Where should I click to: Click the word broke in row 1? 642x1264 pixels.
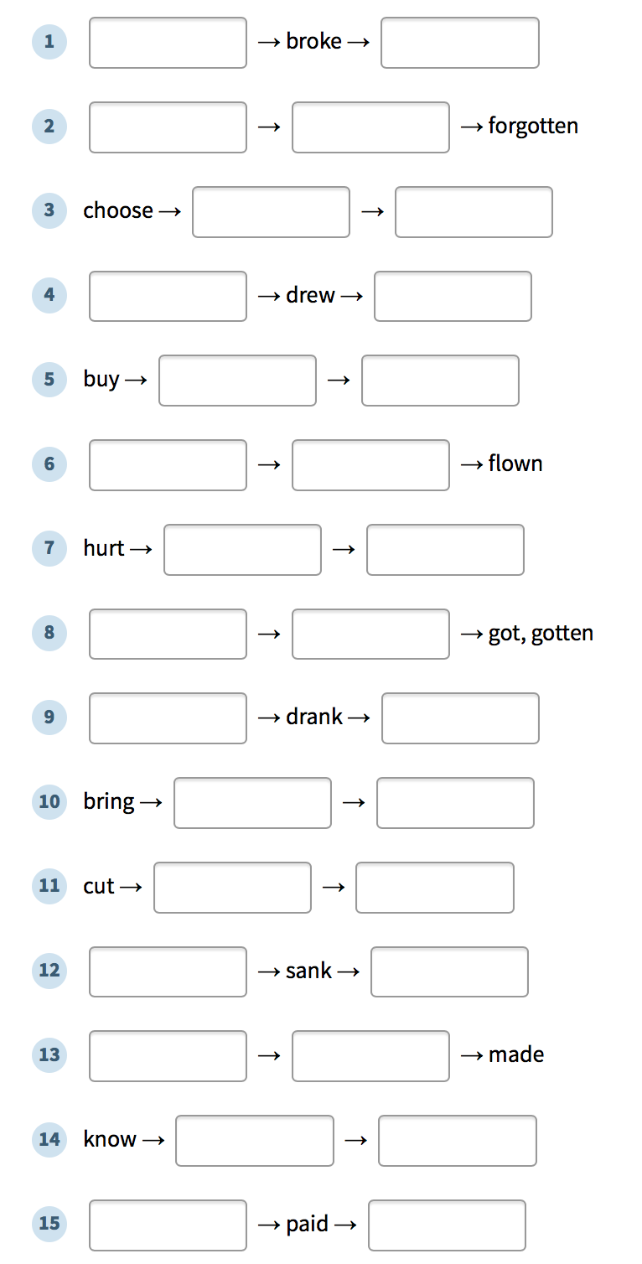tap(313, 41)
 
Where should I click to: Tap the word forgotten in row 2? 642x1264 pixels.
tap(533, 126)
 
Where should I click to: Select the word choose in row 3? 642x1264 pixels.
tap(118, 210)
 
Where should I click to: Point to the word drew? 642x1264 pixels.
tap(310, 294)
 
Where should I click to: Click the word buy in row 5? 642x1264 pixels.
tap(101, 379)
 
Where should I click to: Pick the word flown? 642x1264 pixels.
tap(515, 464)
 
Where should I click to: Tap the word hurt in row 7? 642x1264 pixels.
tap(104, 548)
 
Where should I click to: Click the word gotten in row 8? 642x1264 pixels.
tap(562, 633)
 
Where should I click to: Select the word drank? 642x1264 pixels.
tap(314, 717)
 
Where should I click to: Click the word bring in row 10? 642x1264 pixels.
tap(109, 802)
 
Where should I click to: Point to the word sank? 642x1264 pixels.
tap(308, 971)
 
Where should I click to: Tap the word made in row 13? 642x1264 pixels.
tap(516, 1054)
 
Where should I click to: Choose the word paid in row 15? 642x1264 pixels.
tap(307, 1224)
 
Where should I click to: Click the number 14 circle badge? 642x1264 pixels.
tap(49, 1139)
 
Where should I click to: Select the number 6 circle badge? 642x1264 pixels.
tap(49, 464)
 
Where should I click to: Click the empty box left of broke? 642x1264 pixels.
tap(168, 43)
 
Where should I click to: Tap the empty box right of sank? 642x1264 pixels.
tap(449, 971)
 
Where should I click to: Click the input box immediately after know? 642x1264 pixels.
tap(255, 1141)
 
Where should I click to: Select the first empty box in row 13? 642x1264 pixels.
tap(168, 1056)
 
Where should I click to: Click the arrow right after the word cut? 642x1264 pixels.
tap(131, 888)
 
